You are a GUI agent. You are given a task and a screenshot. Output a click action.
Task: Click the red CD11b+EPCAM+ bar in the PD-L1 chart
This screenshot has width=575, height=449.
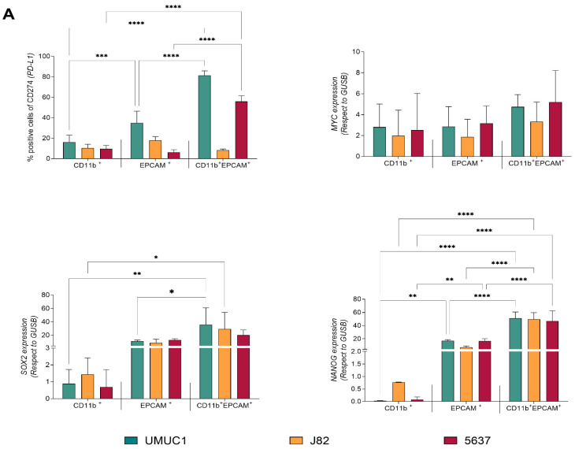(x=241, y=130)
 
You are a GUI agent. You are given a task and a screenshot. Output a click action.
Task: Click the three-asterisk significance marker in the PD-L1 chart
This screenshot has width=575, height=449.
(x=102, y=56)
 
